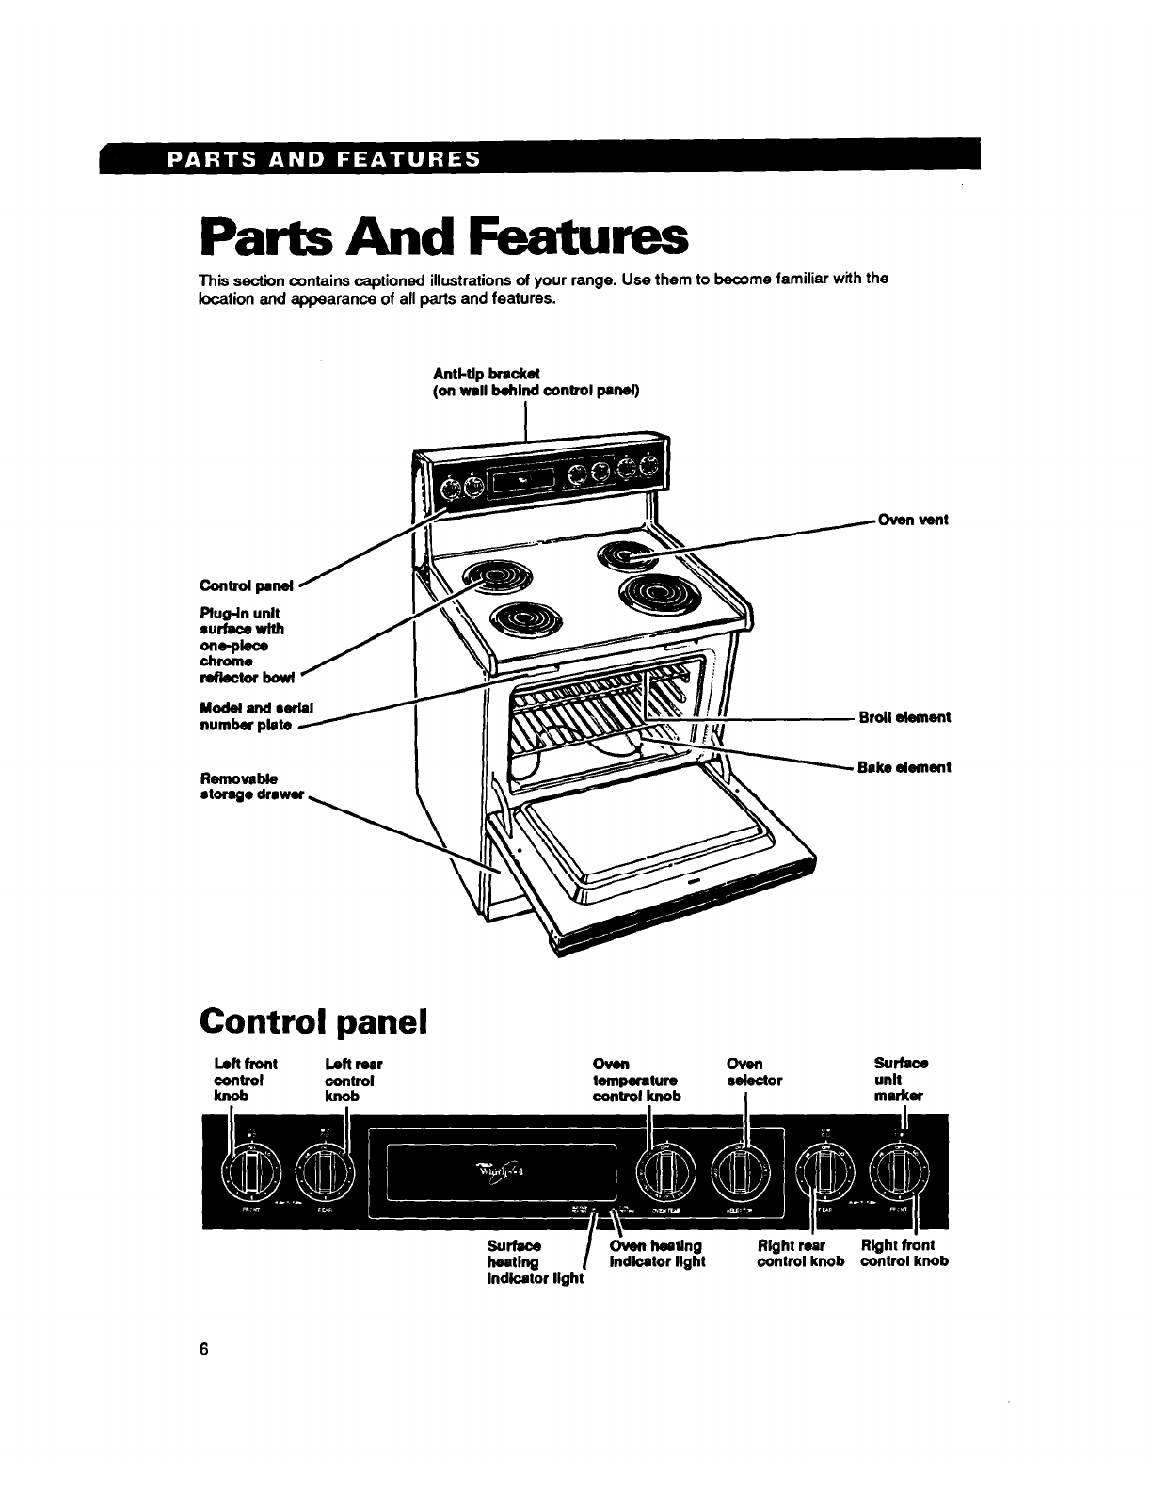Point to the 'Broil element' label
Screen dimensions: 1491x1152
(x=904, y=717)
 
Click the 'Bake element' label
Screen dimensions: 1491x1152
(x=904, y=767)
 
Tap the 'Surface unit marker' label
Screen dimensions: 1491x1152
(x=900, y=1080)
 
